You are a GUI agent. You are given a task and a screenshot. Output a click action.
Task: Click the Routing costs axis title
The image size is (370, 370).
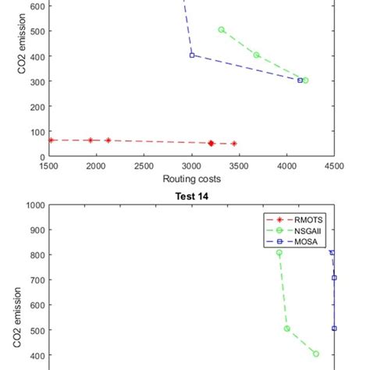[191, 179]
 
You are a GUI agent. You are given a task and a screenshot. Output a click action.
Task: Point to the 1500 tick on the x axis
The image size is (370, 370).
[48, 166]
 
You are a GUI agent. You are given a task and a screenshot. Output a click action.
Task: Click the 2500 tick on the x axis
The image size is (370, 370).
[144, 166]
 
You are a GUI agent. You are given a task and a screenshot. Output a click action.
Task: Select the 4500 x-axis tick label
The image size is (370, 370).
[334, 166]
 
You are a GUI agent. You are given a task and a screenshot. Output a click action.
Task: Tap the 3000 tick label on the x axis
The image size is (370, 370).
[191, 166]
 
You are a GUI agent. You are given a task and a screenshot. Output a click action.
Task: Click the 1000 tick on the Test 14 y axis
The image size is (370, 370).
[33, 206]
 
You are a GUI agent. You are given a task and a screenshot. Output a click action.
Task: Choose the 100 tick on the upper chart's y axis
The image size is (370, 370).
[35, 131]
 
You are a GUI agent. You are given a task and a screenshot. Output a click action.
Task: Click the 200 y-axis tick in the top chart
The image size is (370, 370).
[35, 106]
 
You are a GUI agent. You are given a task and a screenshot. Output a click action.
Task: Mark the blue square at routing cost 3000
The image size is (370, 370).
[192, 55]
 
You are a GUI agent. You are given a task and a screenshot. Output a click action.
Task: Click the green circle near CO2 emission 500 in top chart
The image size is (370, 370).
[222, 30]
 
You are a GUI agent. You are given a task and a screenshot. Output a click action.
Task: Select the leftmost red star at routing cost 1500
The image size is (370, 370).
[51, 140]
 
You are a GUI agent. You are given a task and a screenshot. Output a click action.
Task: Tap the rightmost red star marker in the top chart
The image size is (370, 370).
[233, 144]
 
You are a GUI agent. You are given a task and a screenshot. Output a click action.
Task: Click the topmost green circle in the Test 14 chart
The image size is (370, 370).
[279, 253]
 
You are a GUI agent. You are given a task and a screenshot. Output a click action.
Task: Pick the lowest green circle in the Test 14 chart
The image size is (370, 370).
[315, 354]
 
